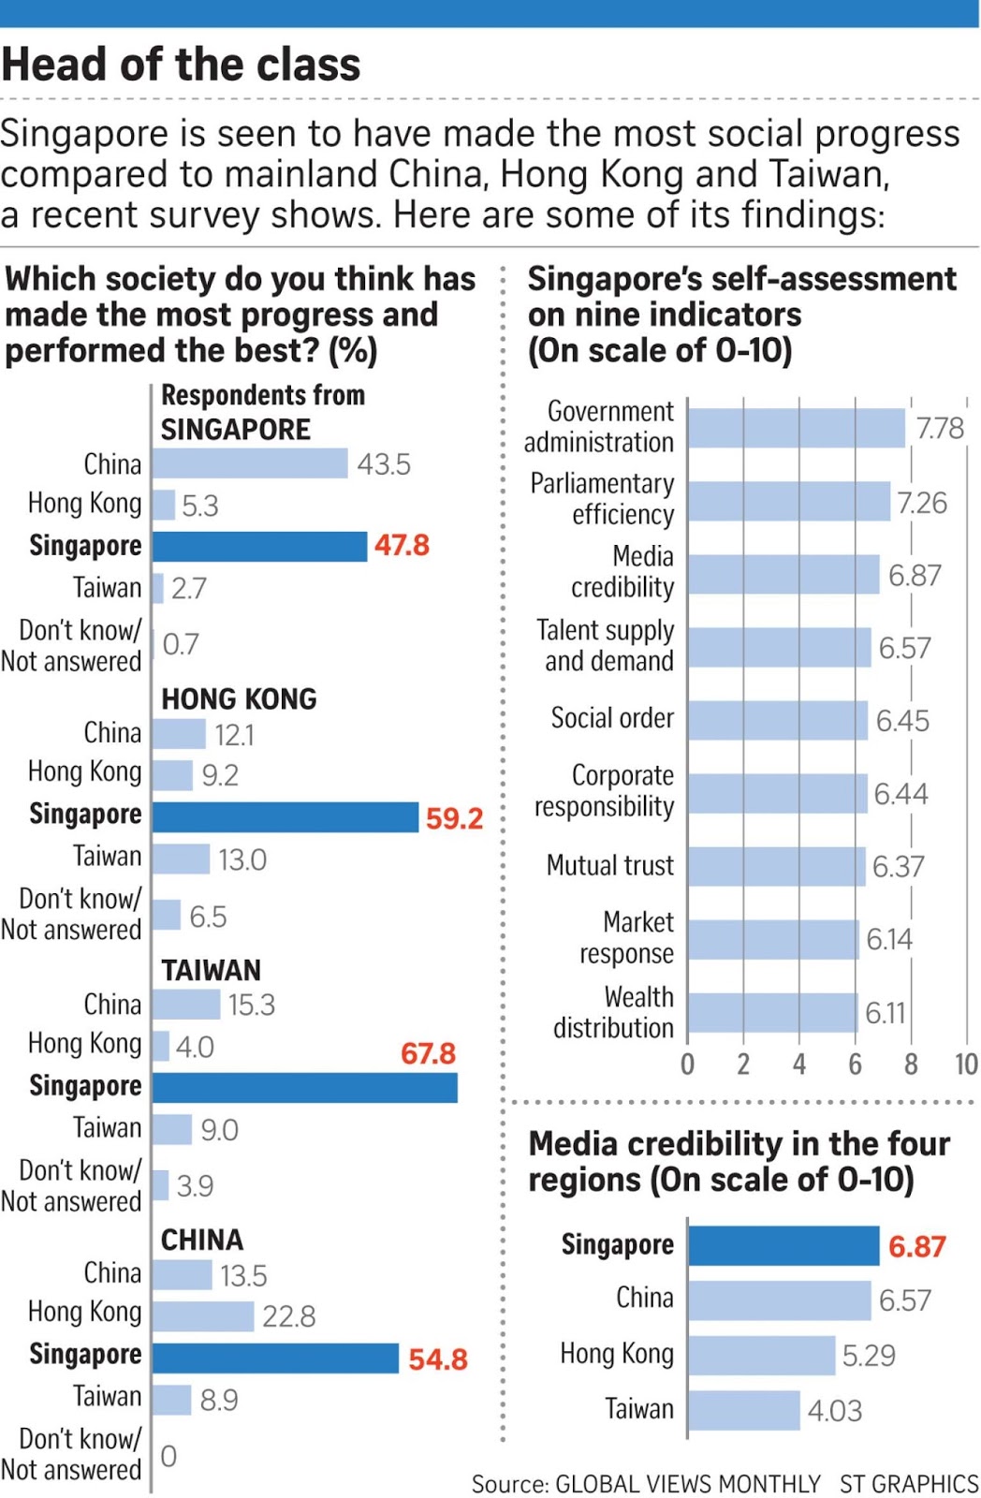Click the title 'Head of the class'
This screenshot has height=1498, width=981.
click(181, 65)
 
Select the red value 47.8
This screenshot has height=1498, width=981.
click(402, 545)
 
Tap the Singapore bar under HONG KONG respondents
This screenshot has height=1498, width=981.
click(285, 816)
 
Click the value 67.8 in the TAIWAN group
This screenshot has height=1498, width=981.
click(428, 1053)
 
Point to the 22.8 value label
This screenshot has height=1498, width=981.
click(288, 1316)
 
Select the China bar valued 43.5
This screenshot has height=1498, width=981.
click(249, 463)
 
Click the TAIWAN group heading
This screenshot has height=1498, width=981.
click(211, 970)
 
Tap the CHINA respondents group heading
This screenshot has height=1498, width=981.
click(202, 1240)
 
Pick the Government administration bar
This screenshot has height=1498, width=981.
click(796, 428)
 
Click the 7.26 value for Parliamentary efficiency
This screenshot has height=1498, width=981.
click(922, 503)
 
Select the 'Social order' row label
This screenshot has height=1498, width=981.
click(611, 718)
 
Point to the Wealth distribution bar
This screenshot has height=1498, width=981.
click(772, 1012)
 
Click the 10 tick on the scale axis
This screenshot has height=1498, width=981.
click(966, 1064)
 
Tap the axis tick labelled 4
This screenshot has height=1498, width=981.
click(798, 1064)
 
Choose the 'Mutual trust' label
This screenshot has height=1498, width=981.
click(609, 865)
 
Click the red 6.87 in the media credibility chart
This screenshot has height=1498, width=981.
click(916, 1246)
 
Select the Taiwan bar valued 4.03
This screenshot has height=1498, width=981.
click(744, 1410)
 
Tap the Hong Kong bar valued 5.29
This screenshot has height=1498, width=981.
click(761, 1355)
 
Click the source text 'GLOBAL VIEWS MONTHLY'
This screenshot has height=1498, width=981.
click(687, 1484)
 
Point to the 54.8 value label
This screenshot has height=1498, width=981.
click(437, 1358)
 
